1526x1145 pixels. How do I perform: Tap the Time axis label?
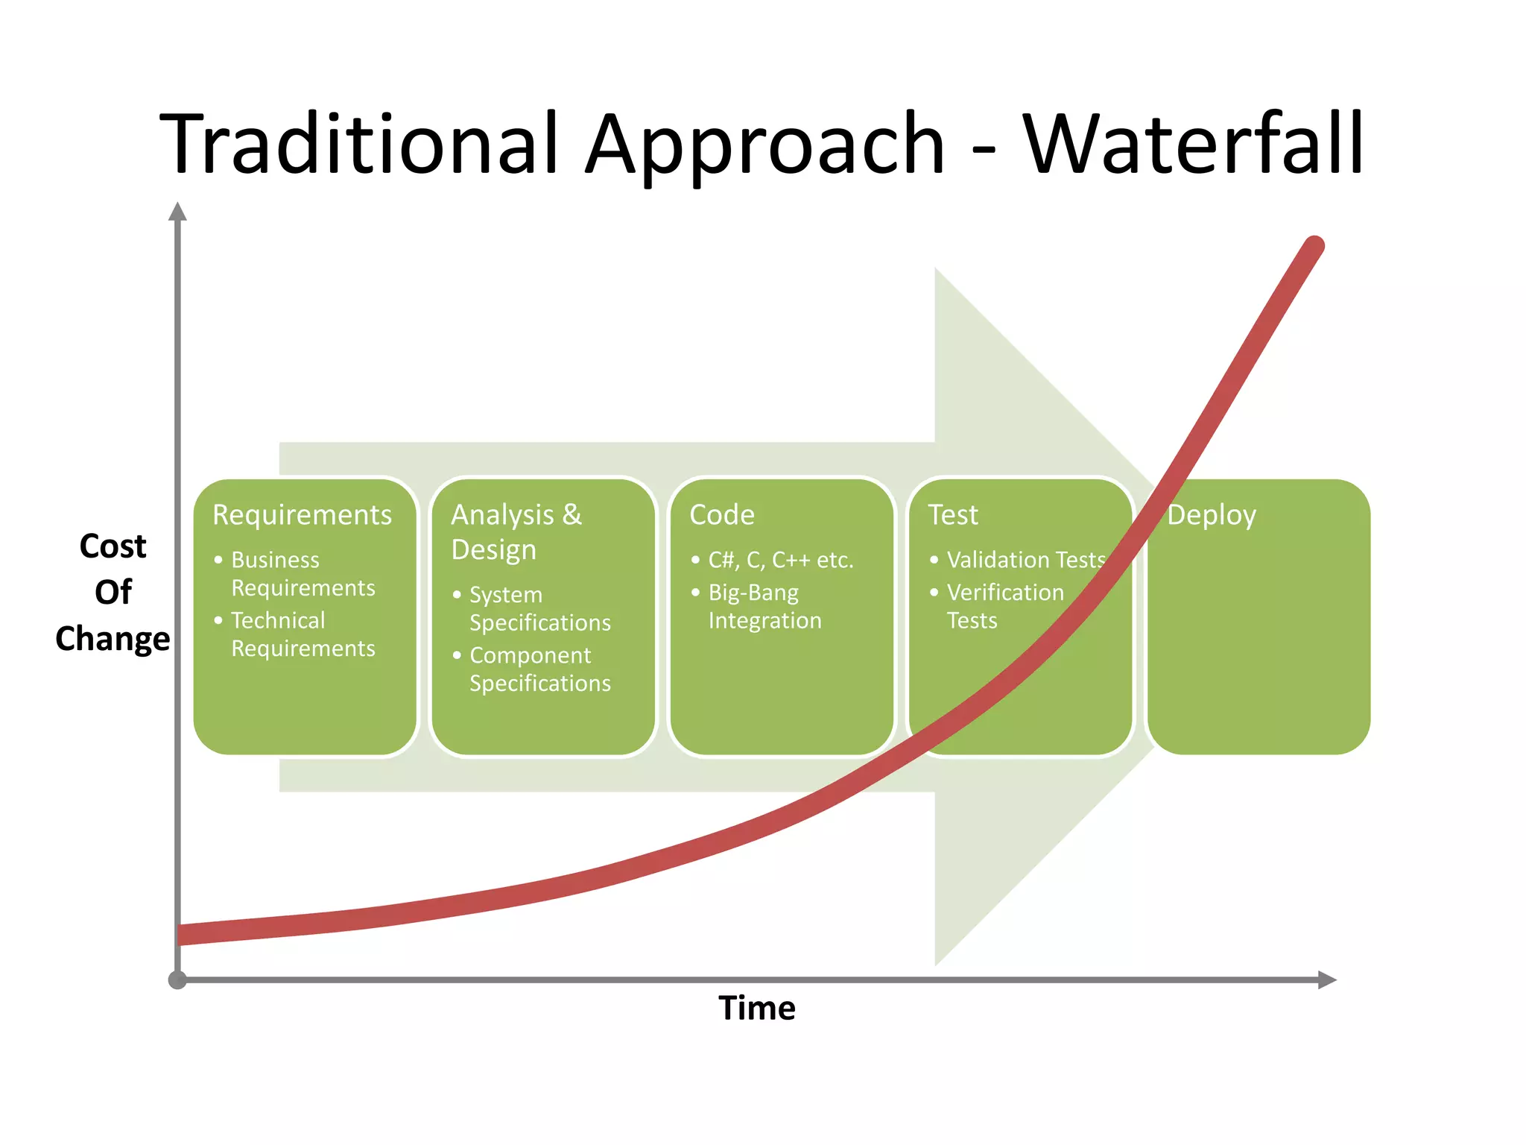(x=757, y=1008)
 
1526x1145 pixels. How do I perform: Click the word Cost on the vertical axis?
(x=113, y=546)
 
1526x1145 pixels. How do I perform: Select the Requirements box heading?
(x=302, y=515)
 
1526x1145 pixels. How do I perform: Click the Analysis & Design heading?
(x=516, y=532)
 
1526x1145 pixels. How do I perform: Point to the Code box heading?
(x=722, y=515)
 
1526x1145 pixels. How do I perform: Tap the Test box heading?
(x=953, y=515)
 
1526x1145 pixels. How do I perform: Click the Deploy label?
(x=1212, y=515)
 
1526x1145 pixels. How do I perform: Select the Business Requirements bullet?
(x=303, y=573)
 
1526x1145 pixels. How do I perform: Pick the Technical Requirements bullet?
(x=303, y=634)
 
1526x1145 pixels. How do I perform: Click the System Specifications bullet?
(x=539, y=608)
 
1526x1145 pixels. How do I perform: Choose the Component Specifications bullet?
(x=539, y=669)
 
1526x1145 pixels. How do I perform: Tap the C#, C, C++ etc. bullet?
(x=780, y=560)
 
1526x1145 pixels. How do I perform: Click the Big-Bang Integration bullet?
(x=764, y=606)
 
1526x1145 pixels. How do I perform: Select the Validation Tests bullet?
(x=1025, y=560)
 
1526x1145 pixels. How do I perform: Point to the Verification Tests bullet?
(x=1004, y=606)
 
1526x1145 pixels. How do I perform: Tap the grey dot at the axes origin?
(x=177, y=980)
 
